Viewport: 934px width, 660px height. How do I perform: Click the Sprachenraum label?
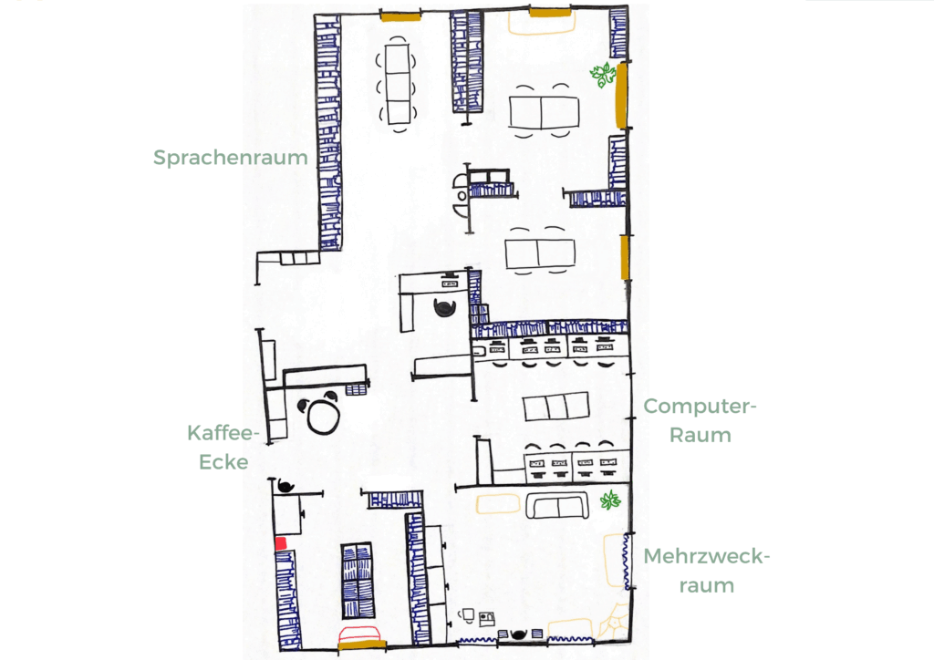coord(230,158)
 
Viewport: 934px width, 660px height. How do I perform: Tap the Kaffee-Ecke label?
coord(224,447)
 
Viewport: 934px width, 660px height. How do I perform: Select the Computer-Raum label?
coord(700,420)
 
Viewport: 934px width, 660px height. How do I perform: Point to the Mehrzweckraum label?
coord(706,570)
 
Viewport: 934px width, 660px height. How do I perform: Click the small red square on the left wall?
coord(281,543)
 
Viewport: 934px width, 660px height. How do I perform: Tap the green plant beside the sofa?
coord(610,500)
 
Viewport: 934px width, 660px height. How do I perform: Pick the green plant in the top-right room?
coord(603,76)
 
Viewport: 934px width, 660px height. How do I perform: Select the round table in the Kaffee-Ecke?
coord(324,416)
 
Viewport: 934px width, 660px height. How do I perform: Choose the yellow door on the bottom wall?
coord(362,646)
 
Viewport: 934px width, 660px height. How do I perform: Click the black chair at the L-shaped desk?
coord(445,307)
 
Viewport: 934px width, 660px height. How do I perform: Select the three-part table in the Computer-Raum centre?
coord(555,406)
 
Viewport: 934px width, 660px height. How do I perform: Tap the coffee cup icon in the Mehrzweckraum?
coord(468,615)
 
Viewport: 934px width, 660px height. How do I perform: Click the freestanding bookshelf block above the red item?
coord(358,581)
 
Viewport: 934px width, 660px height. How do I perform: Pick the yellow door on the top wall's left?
coord(400,15)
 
